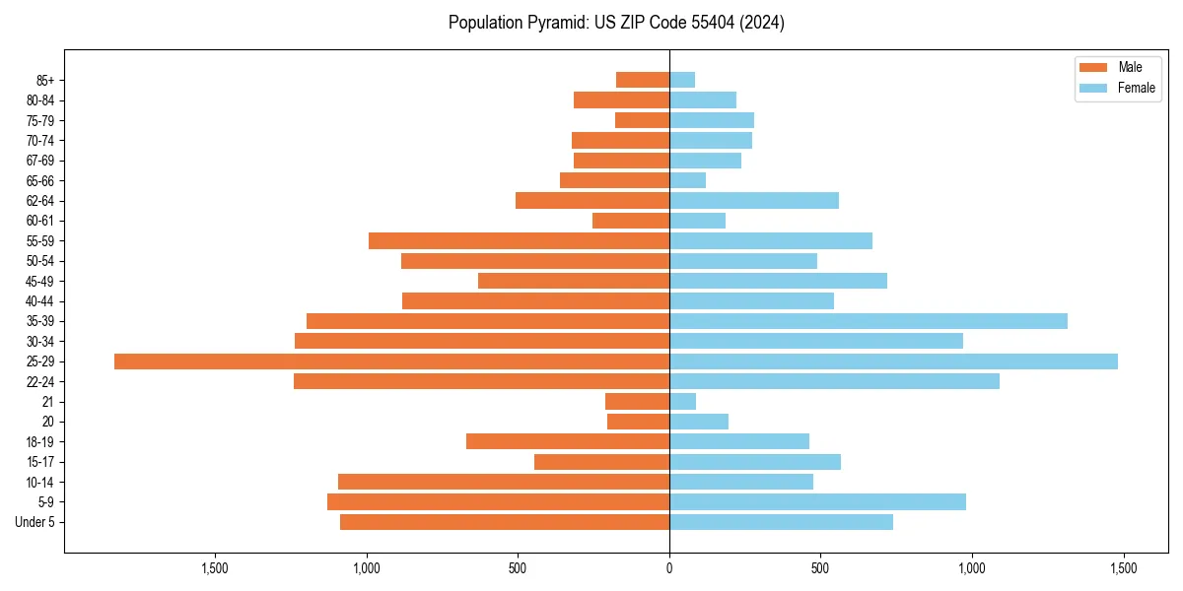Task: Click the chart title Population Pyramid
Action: (x=616, y=23)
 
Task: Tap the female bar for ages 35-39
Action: (x=868, y=321)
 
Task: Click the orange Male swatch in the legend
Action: (x=1093, y=67)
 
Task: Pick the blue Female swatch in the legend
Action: (x=1093, y=88)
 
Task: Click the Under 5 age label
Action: (x=35, y=522)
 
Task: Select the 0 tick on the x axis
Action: (x=669, y=568)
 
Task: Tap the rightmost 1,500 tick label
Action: (x=1123, y=568)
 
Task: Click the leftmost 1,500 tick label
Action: (x=215, y=568)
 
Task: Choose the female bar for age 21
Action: (x=682, y=402)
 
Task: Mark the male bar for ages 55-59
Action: (x=519, y=241)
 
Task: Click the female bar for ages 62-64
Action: (x=753, y=201)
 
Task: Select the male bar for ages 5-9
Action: (x=498, y=502)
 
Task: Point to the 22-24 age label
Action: (x=40, y=382)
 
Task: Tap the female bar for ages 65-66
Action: (x=687, y=180)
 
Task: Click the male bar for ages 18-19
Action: (x=568, y=441)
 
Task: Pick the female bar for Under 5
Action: (x=781, y=522)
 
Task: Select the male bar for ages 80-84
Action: (x=621, y=99)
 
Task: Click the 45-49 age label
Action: (x=40, y=282)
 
